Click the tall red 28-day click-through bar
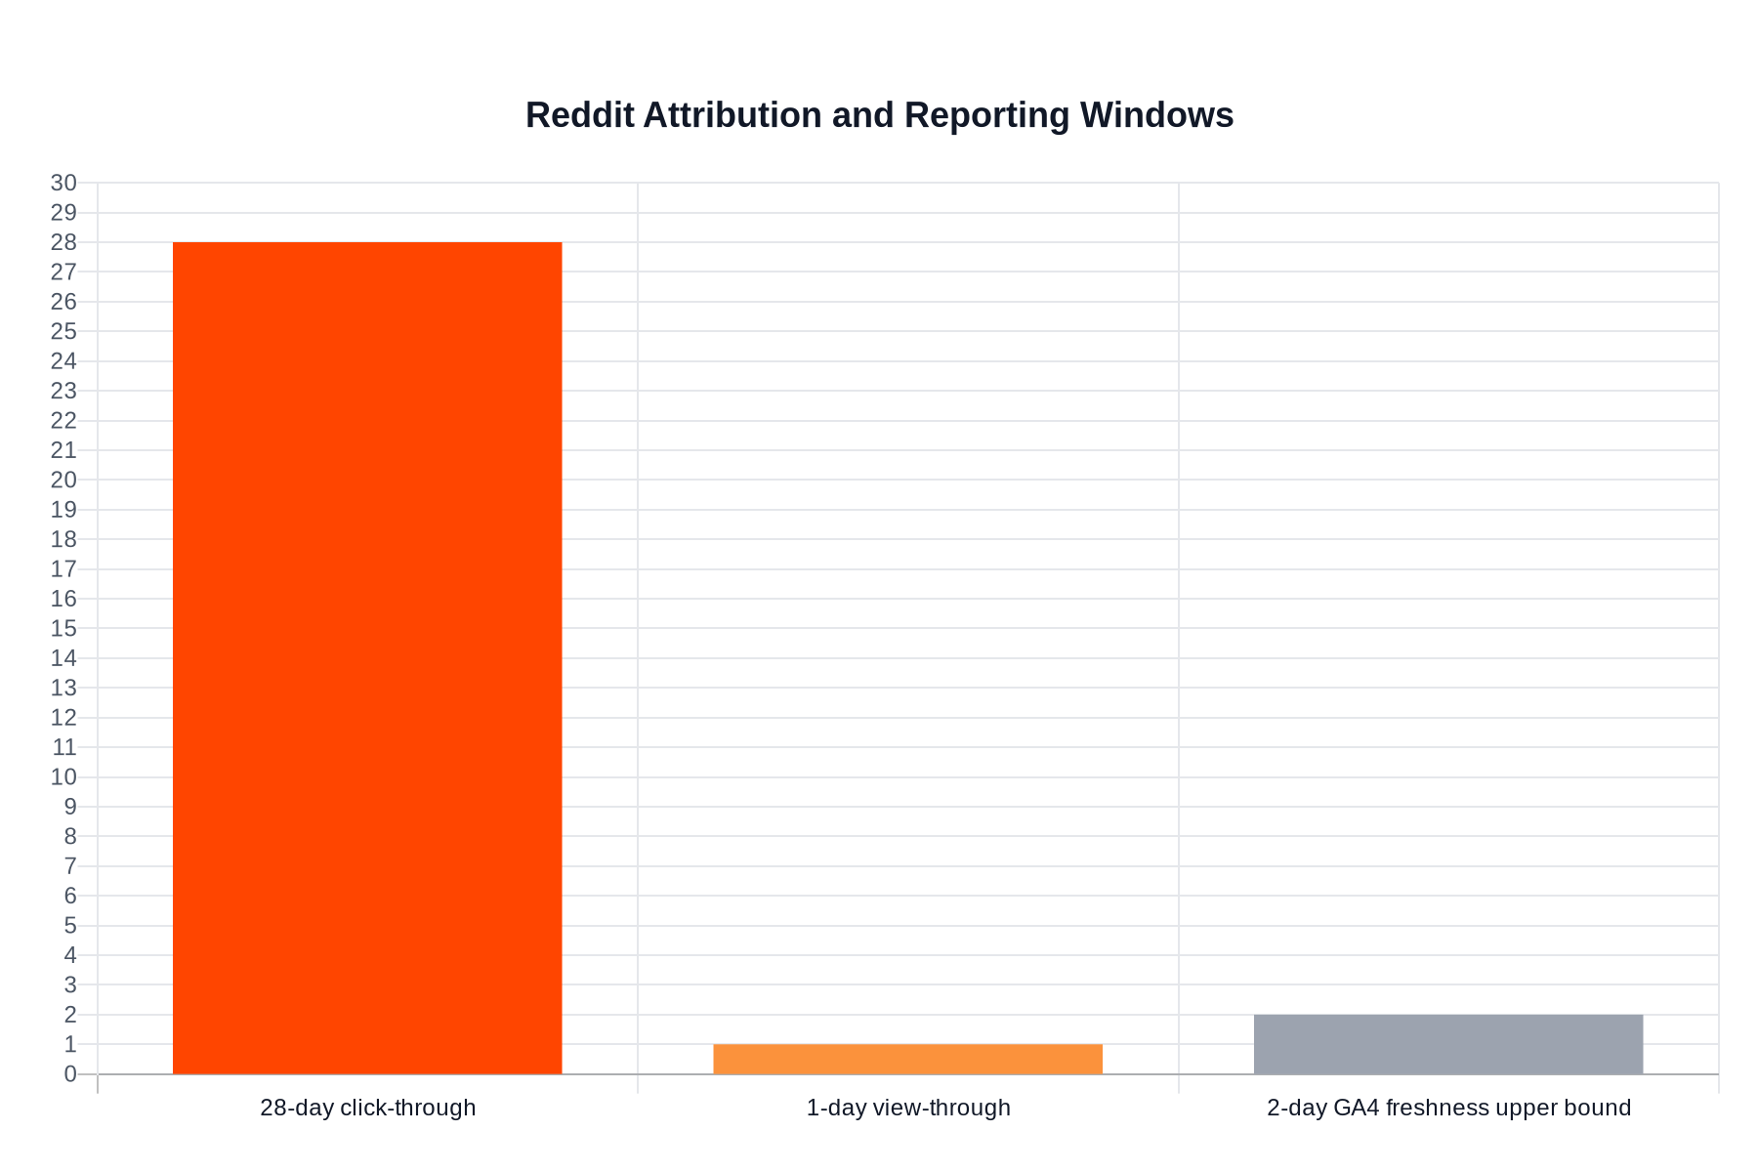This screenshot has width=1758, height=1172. (367, 657)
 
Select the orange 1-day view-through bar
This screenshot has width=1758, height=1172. (907, 1060)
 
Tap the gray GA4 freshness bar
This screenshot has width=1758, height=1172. (1448, 1044)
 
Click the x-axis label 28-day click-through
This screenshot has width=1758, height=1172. (367, 1108)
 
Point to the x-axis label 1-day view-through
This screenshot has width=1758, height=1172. (907, 1108)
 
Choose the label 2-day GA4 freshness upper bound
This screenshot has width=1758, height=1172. (1448, 1108)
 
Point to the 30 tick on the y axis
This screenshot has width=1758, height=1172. (63, 184)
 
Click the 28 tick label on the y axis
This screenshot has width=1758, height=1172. (63, 242)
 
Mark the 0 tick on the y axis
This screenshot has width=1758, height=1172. (70, 1074)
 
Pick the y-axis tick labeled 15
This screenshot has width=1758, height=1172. (63, 628)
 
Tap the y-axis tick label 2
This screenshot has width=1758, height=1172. (70, 1015)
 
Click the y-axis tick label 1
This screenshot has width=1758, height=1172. (70, 1045)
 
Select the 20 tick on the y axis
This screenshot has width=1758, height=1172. (63, 480)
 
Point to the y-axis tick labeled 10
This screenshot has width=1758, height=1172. (63, 777)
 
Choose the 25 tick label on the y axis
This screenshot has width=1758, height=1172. (63, 331)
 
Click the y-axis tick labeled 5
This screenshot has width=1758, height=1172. (70, 926)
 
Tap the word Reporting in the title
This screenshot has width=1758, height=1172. (986, 115)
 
